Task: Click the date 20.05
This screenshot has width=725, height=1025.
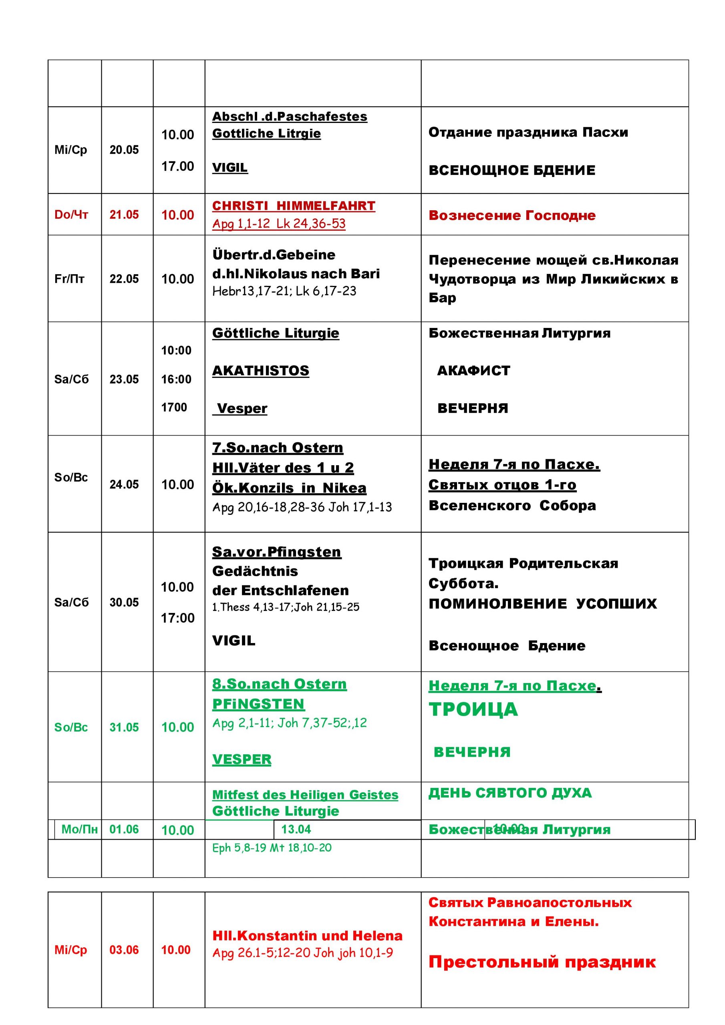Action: [124, 150]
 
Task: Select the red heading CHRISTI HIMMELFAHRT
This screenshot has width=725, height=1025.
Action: [294, 206]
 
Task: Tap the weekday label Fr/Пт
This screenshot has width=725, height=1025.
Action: [69, 279]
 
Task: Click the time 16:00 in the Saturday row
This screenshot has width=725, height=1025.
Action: [176, 379]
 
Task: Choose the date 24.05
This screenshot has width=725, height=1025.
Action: [124, 484]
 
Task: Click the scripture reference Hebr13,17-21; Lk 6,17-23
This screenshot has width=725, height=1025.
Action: [284, 291]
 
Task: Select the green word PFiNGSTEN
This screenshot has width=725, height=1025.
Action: [258, 704]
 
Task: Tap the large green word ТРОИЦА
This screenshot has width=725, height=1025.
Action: [473, 709]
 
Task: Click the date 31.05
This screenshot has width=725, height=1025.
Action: [124, 727]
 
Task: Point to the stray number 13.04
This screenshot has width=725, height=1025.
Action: [296, 829]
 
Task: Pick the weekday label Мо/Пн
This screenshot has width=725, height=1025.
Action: [80, 830]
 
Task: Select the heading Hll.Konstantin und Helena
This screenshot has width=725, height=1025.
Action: [307, 936]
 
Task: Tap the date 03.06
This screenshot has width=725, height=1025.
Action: [124, 950]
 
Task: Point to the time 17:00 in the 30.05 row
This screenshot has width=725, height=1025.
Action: [178, 618]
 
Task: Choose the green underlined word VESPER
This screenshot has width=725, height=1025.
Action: [242, 760]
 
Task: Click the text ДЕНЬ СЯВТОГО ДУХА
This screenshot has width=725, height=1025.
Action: [510, 793]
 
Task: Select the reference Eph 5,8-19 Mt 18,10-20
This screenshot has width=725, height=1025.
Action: [272, 848]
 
